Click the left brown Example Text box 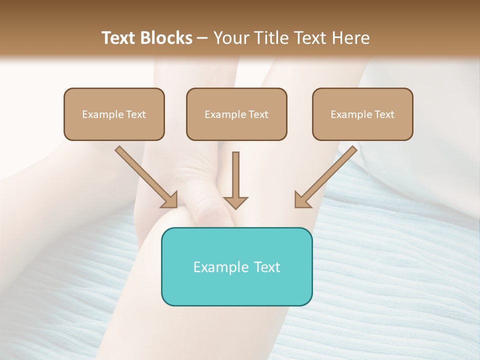114,114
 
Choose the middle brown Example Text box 236,114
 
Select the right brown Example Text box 362,114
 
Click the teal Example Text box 236,266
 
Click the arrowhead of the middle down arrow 235,202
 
